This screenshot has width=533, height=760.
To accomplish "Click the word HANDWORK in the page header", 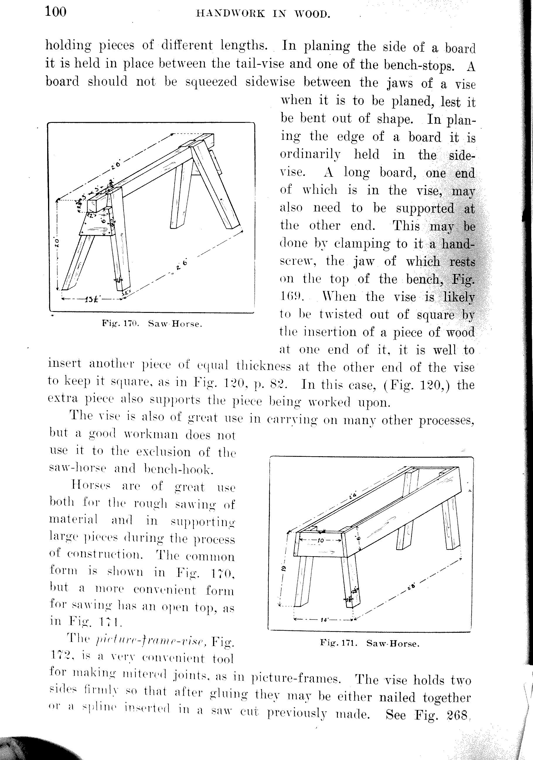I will [231, 13].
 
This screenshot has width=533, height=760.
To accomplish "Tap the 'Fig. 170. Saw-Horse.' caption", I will [152, 323].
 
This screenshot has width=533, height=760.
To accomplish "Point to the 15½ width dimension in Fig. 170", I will [90, 300].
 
